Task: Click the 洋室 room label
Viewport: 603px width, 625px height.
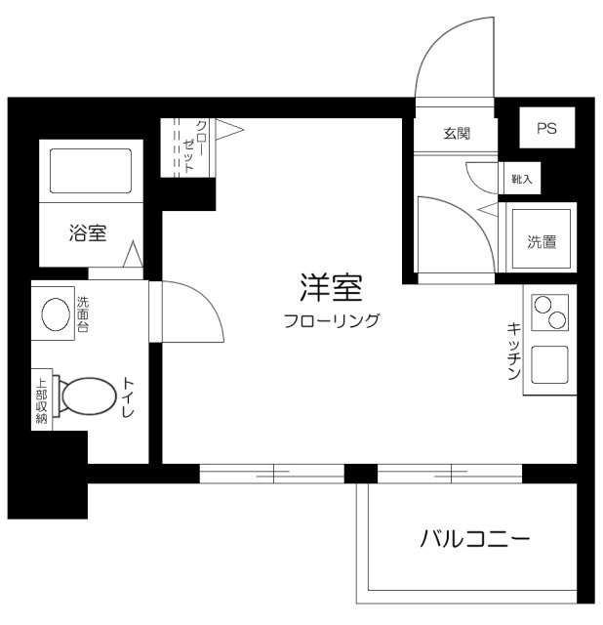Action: pyautogui.click(x=331, y=289)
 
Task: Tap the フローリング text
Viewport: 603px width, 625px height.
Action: pyautogui.click(x=331, y=320)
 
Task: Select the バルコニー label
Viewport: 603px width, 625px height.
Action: pyautogui.click(x=475, y=538)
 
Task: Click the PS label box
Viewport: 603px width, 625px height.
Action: pyautogui.click(x=545, y=129)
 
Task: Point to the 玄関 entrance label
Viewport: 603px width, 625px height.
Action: pyautogui.click(x=457, y=134)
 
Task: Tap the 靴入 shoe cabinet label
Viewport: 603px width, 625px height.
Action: pyautogui.click(x=522, y=180)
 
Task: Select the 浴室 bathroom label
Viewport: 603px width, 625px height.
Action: pyautogui.click(x=87, y=233)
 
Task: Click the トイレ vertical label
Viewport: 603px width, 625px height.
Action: pyautogui.click(x=129, y=398)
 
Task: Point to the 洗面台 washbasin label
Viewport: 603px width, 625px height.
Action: pyautogui.click(x=83, y=314)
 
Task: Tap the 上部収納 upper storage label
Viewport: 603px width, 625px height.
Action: pyautogui.click(x=42, y=399)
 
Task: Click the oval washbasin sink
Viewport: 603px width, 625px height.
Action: pyautogui.click(x=55, y=314)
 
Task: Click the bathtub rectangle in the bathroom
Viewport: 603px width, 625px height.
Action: pyautogui.click(x=87, y=172)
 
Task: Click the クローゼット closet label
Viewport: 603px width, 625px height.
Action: pyautogui.click(x=195, y=146)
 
